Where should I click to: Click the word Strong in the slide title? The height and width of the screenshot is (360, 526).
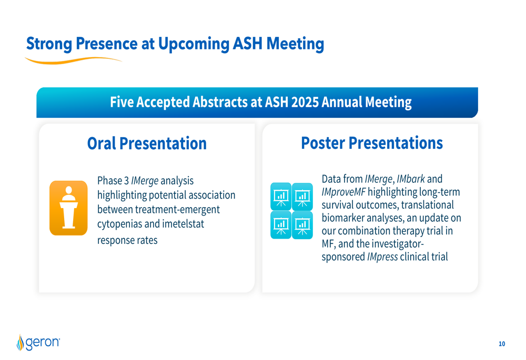pyautogui.click(x=49, y=44)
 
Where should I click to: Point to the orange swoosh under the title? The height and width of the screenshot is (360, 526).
pyautogui.click(x=73, y=60)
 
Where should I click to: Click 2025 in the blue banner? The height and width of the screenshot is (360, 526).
pyautogui.click(x=305, y=102)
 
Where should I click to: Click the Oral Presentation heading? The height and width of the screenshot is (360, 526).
pyautogui.click(x=147, y=143)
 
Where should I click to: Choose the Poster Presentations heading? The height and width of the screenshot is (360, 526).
pyautogui.click(x=372, y=143)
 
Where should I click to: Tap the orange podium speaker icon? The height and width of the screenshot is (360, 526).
pyautogui.click(x=68, y=208)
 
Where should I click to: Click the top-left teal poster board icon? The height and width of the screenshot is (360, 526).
pyautogui.click(x=281, y=197)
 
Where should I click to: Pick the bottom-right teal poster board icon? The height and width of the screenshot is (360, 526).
pyautogui.click(x=302, y=225)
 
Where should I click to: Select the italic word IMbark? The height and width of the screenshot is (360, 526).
pyautogui.click(x=411, y=179)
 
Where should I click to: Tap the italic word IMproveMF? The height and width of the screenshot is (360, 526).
pyautogui.click(x=343, y=192)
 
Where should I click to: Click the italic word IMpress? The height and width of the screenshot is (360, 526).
pyautogui.click(x=382, y=257)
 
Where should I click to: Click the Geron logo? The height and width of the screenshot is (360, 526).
pyautogui.click(x=38, y=342)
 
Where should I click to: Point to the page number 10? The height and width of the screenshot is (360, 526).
pyautogui.click(x=502, y=344)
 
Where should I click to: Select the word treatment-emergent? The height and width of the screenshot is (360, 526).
pyautogui.click(x=177, y=210)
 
